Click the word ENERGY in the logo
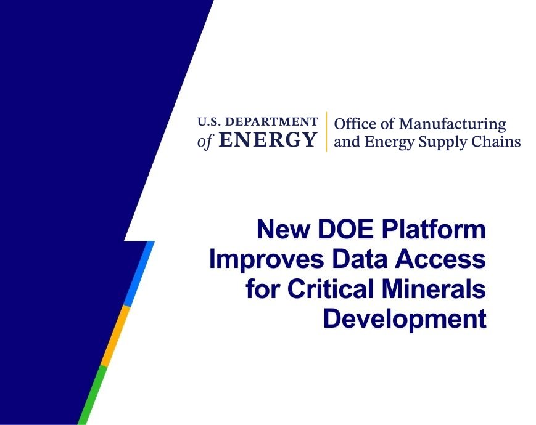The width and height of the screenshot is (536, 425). (x=268, y=140)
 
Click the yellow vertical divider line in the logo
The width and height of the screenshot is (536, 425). (x=326, y=131)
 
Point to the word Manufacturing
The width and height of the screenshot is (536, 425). (x=453, y=124)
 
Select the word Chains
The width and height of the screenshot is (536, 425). (x=496, y=141)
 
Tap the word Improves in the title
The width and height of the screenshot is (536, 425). (x=266, y=260)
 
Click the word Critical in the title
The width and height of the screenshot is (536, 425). (x=330, y=289)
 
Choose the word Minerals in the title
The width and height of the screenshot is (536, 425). (x=434, y=289)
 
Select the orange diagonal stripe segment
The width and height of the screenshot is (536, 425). (x=115, y=336)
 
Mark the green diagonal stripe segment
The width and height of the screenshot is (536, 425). (x=93, y=395)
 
